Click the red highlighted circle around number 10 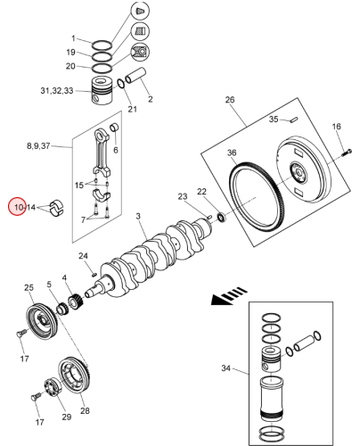17,207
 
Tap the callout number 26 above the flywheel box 230,100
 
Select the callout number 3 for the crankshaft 138,216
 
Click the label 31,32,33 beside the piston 57,90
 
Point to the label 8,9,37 38,146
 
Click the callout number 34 225,368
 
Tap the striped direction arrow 229,296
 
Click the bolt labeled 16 347,153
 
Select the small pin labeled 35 294,120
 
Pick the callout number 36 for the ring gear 232,153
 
